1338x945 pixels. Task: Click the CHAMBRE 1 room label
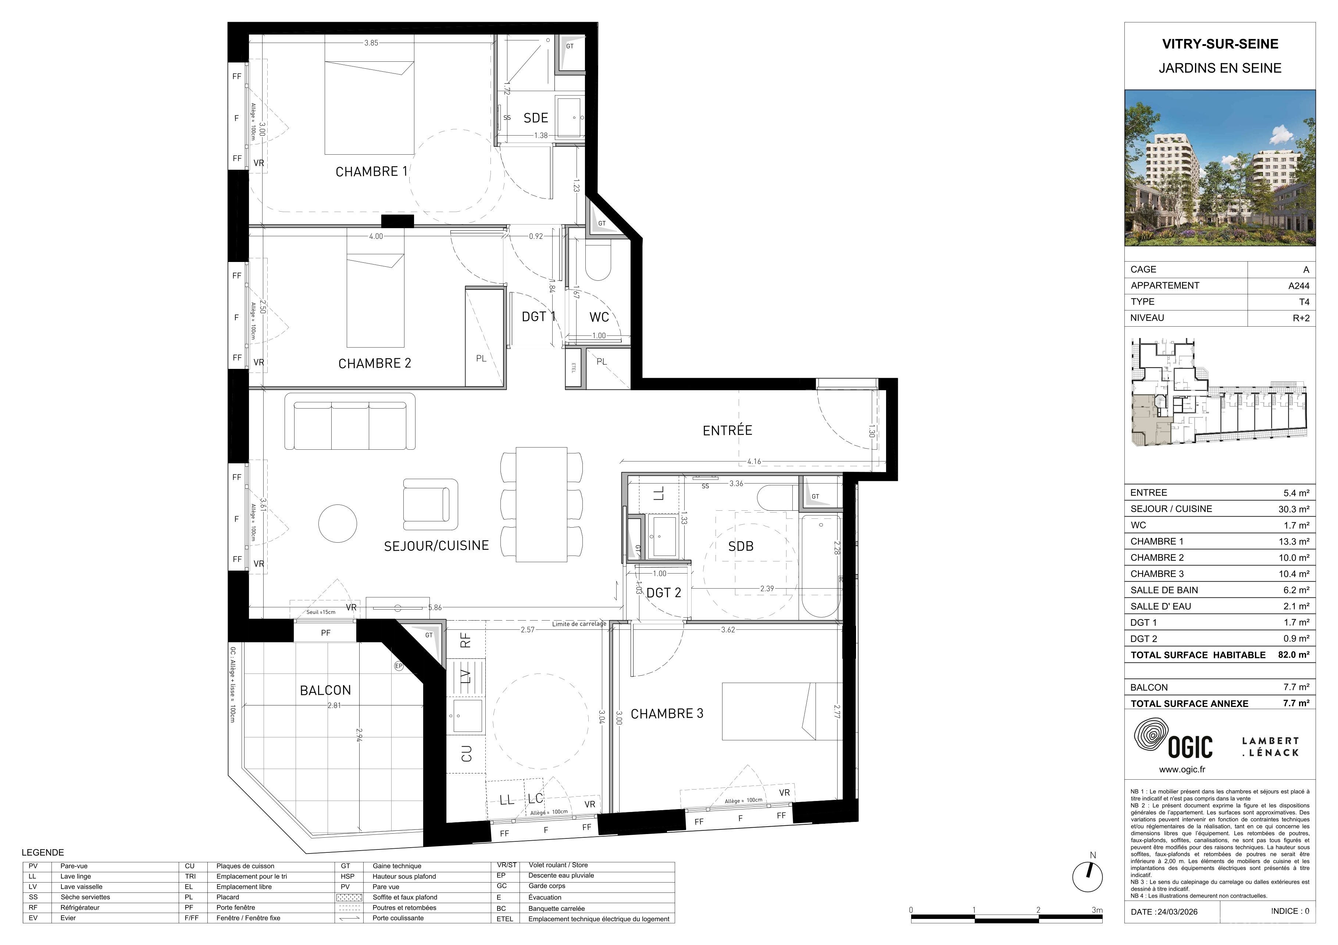371,172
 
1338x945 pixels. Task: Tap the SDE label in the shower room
536,118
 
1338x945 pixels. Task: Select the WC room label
599,317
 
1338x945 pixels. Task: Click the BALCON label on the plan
325,690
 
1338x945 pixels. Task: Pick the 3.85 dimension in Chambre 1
371,43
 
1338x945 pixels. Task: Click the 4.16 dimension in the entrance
754,462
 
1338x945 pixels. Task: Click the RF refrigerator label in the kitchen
465,641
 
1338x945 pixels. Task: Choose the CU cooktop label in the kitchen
466,754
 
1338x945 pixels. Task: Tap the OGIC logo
1173,740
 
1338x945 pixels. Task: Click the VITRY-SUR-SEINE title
1220,44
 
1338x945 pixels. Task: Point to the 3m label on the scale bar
1097,910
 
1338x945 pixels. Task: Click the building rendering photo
1220,168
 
